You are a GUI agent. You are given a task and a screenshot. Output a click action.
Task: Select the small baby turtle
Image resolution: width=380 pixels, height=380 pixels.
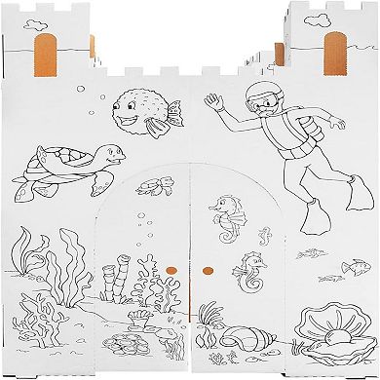(148, 186)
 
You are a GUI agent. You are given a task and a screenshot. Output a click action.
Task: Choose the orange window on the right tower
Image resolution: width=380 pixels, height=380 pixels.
(334, 48)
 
